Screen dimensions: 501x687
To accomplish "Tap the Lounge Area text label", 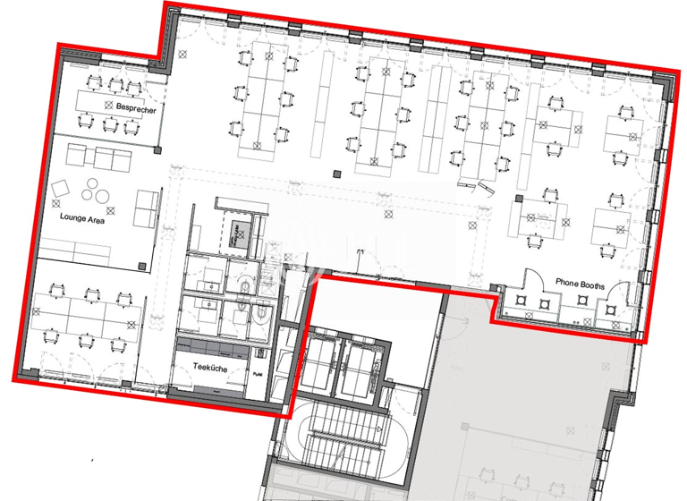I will click(x=82, y=217).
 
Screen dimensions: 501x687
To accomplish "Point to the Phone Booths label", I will click(x=580, y=284).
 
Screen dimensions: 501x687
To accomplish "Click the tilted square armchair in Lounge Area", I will click(x=62, y=189).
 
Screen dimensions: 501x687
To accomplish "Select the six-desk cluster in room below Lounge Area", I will click(x=86, y=315).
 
